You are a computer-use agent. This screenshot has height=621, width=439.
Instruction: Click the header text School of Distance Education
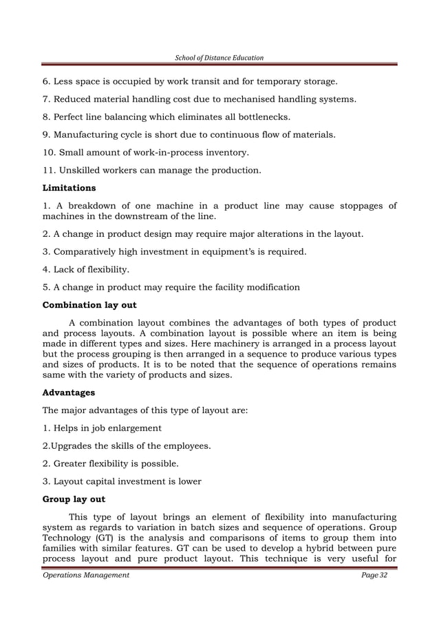click(219, 57)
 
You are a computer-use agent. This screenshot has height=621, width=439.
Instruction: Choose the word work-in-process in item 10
click(165, 151)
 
